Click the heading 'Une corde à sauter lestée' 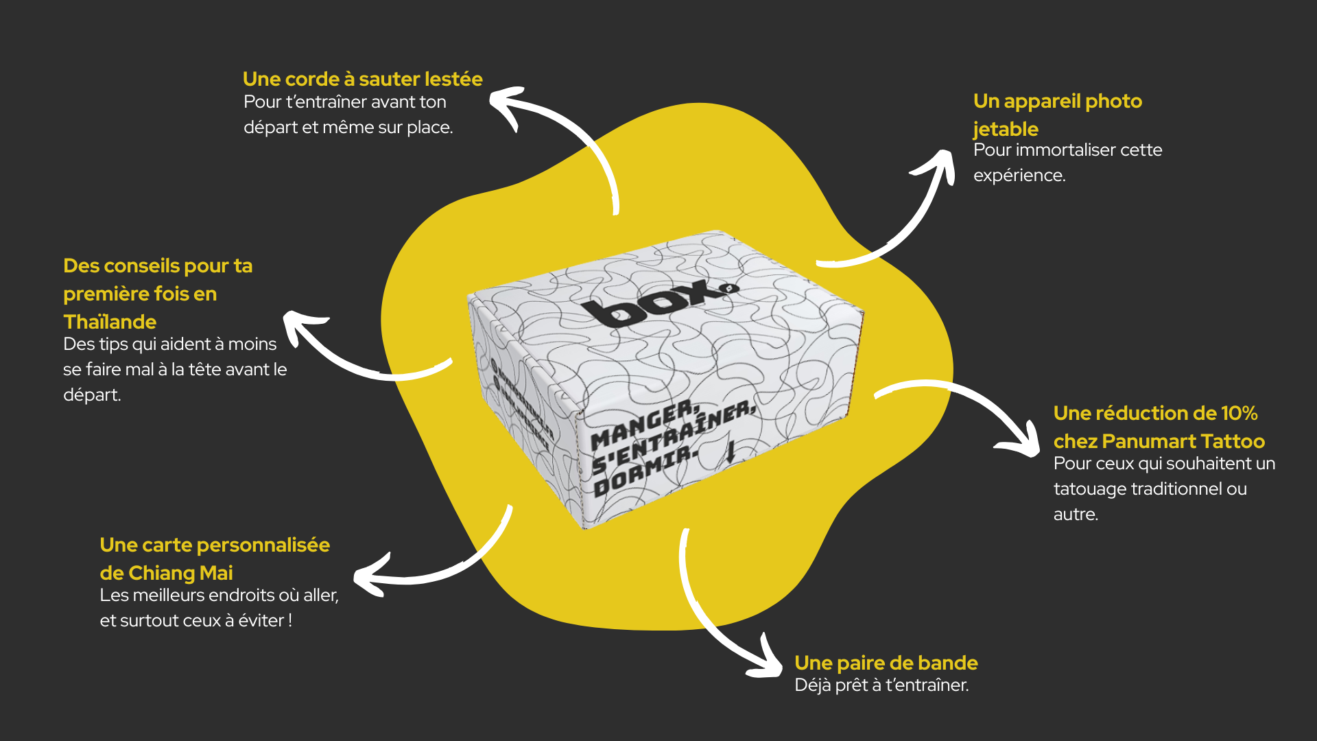362,79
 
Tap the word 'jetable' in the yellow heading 1005,129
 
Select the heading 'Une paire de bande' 886,663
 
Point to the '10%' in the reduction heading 1239,413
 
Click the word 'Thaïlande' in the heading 110,322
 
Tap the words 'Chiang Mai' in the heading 180,573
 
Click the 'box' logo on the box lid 658,302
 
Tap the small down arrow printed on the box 731,451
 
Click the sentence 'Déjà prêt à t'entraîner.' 881,685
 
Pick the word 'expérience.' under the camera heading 1019,176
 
